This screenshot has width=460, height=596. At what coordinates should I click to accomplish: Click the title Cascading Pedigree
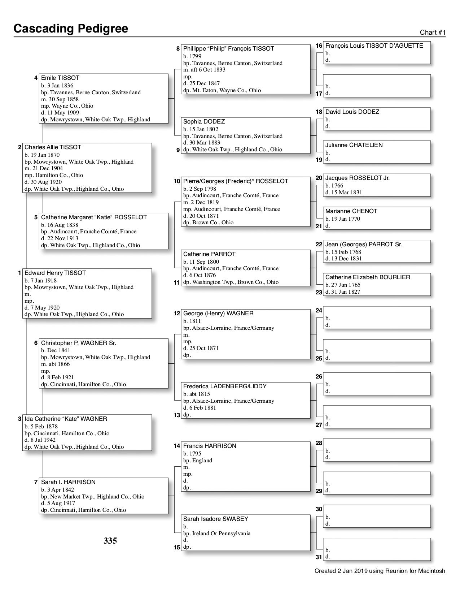[71, 29]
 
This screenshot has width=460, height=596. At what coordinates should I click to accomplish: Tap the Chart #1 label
[433, 33]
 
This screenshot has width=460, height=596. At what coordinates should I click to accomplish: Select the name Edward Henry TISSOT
[55, 273]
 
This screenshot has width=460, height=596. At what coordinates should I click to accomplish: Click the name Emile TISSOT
[60, 78]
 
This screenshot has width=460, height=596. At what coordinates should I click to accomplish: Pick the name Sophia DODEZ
[204, 122]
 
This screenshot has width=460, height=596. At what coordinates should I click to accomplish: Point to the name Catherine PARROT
[209, 254]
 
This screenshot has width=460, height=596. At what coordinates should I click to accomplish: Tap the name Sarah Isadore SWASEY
[216, 519]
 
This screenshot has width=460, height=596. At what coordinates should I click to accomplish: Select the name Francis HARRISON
[210, 446]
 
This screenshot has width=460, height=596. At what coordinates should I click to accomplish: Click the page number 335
[110, 541]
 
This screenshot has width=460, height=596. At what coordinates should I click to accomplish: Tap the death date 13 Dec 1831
[346, 259]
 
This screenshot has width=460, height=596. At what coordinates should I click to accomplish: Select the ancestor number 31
[319, 557]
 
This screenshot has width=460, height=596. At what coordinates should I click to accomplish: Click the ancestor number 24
[319, 310]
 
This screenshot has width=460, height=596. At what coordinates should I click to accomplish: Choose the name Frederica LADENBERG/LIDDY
[225, 386]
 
